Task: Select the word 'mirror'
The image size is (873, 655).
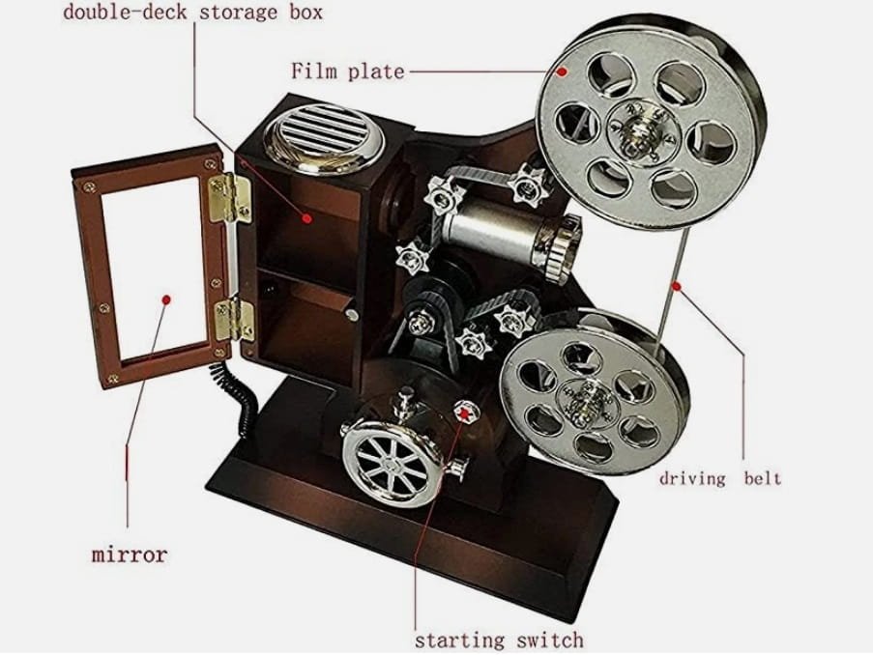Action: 129,555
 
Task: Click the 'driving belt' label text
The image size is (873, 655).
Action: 719,477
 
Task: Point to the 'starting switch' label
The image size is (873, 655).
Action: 499,640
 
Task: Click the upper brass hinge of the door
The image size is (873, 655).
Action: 231,197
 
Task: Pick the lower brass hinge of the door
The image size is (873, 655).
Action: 233,318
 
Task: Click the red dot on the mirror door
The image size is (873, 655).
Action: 165,300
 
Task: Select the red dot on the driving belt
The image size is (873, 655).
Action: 678,285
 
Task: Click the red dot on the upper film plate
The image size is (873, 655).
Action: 562,71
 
